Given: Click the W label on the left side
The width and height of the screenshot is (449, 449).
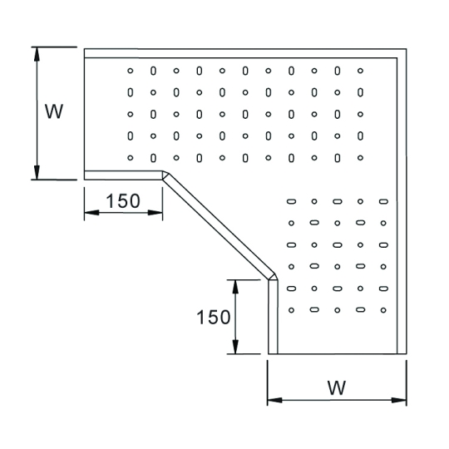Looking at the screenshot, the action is click(54, 111).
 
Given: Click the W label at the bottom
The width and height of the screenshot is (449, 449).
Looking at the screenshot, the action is click(337, 388).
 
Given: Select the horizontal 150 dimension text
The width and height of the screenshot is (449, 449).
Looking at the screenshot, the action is click(123, 200).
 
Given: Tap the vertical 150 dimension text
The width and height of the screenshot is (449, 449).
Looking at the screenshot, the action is click(214, 317).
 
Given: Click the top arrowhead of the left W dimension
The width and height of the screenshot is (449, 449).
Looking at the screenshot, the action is click(37, 54).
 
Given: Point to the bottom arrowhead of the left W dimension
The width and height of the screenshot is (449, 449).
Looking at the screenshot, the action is click(37, 172).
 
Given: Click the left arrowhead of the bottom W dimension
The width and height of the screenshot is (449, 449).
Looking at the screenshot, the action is click(274, 400).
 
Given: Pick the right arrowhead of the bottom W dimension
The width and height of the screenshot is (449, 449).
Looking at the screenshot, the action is click(399, 400).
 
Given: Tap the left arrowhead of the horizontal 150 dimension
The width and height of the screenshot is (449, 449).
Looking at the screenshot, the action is click(91, 213).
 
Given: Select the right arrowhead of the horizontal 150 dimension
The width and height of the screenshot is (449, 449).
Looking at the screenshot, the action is click(155, 213).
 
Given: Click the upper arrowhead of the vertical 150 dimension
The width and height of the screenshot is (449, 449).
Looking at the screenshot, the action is click(235, 287).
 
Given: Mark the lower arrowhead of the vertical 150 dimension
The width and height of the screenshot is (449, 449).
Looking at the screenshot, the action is click(235, 347).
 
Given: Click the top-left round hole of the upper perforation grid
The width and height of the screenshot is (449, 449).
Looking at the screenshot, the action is click(131, 71).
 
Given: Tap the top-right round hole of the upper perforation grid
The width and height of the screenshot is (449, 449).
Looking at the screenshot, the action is click(361, 71).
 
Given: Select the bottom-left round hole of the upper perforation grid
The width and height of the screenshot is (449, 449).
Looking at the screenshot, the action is click(131, 158).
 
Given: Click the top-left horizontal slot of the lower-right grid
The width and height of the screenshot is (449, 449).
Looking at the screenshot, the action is click(291, 201).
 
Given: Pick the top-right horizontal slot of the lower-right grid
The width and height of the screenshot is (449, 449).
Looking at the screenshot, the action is click(383, 201).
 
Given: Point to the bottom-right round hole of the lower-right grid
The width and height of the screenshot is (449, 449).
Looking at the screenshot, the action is click(383, 310).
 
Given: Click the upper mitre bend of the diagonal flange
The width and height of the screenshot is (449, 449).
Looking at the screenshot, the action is click(165, 175).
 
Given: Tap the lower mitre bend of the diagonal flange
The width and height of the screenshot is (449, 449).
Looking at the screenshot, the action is click(274, 277).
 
